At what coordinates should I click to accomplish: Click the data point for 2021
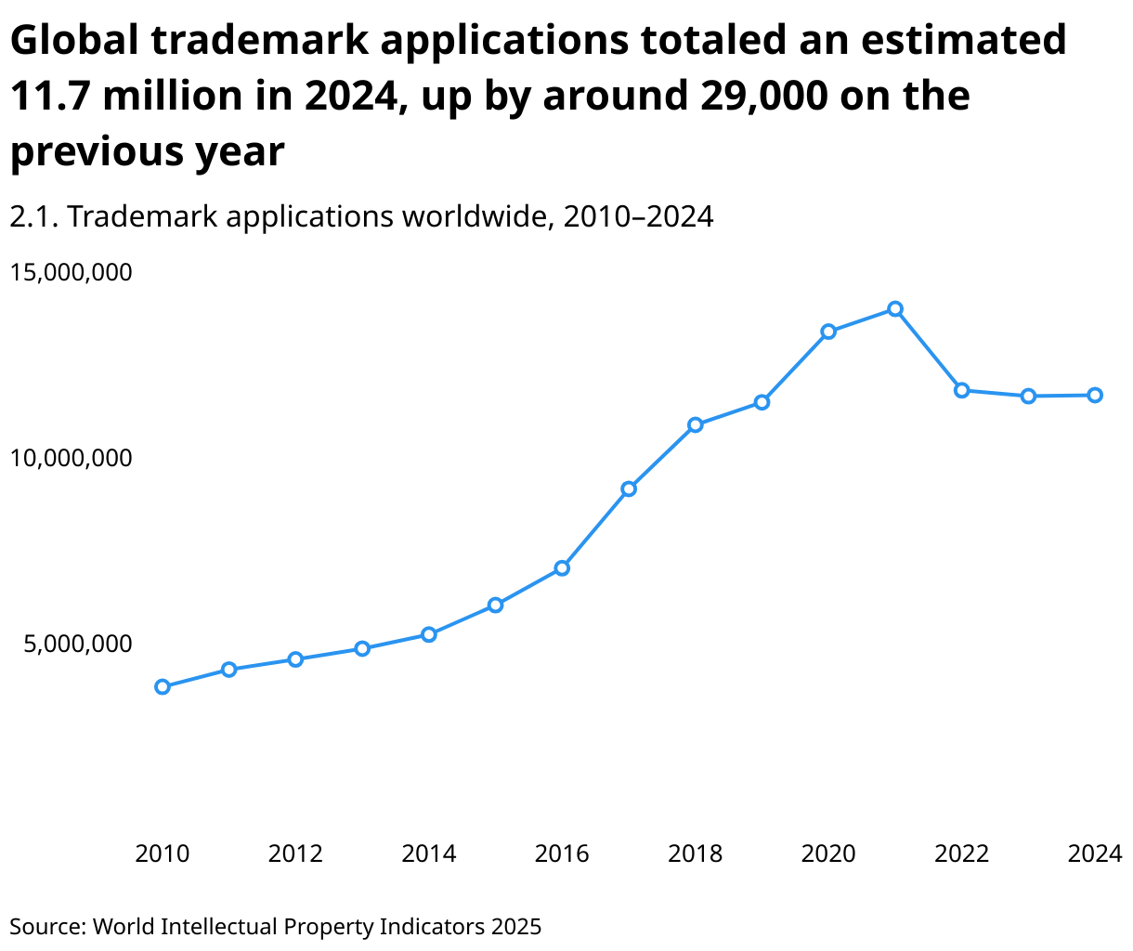pos(894,308)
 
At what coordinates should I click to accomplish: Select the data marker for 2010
pos(163,687)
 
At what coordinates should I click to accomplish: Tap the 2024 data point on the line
pos(1095,395)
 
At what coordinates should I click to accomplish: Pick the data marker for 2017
pos(629,489)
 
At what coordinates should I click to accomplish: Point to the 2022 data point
pos(961,390)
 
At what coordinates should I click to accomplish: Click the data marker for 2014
pos(428,634)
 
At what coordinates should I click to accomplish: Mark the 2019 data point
pos(762,402)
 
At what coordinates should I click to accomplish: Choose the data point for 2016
pos(562,568)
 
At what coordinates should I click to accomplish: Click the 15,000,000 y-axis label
pos(72,272)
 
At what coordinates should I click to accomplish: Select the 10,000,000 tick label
pos(72,458)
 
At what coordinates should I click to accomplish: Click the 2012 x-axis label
pos(295,853)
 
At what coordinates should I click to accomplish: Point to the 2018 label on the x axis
pos(695,853)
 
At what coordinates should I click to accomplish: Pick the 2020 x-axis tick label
pos(828,853)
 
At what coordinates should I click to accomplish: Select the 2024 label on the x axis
pos(1095,853)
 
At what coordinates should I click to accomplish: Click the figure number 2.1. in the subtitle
pos(34,216)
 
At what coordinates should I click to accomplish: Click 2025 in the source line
pos(515,926)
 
